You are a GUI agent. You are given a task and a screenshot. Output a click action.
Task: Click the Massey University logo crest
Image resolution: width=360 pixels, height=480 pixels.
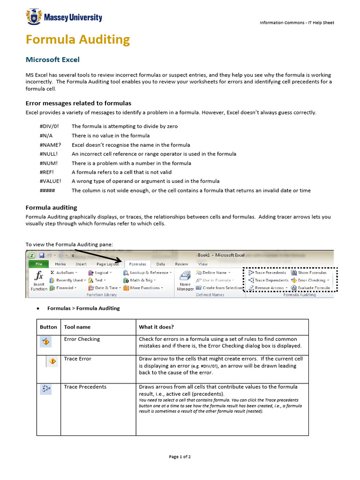[x=34, y=18]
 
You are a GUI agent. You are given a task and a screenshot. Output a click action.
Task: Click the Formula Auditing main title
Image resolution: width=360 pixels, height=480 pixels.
[x=78, y=40]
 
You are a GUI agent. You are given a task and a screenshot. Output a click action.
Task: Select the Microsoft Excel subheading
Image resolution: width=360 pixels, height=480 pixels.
[x=52, y=60]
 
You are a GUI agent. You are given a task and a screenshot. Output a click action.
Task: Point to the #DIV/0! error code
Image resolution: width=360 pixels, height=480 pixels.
[x=50, y=127]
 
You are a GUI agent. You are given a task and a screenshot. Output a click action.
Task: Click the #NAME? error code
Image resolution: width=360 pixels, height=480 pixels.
[x=50, y=145]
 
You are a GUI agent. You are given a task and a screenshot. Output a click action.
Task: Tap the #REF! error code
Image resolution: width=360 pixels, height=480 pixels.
[x=48, y=172]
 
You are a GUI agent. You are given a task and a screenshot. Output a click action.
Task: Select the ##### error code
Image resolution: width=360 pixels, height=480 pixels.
[x=48, y=190]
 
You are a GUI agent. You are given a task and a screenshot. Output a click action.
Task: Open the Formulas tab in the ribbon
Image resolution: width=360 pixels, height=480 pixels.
[x=137, y=264]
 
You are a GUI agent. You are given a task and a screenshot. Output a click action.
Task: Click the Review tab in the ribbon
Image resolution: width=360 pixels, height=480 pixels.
[x=181, y=264]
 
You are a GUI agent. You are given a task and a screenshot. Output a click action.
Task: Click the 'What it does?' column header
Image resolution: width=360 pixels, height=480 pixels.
[x=156, y=327]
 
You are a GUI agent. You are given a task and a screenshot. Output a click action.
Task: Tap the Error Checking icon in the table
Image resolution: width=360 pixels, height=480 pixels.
[x=46, y=342]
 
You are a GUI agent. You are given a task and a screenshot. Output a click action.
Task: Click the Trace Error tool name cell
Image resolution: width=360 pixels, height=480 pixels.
[x=78, y=359]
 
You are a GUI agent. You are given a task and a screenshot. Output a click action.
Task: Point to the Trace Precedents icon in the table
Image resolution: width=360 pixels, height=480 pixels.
[x=46, y=388]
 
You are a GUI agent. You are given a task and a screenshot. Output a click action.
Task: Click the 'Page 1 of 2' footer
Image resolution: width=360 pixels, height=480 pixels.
[x=180, y=457]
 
